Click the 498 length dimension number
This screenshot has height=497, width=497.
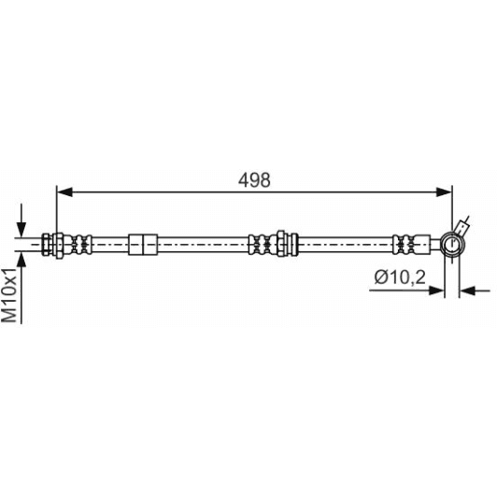pos(254,180)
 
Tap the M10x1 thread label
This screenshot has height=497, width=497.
pos(9,294)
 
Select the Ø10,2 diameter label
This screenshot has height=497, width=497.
pos(400,277)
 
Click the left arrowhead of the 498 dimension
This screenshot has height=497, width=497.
pos(64,192)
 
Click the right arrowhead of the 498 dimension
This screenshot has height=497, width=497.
pos(444,192)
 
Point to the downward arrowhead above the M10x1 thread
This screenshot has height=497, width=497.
pos(21,230)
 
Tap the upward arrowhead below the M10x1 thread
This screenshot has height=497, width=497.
pos(21,259)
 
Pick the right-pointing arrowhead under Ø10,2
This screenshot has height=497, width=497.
pos(436,290)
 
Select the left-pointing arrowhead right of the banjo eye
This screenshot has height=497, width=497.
pos(468,290)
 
